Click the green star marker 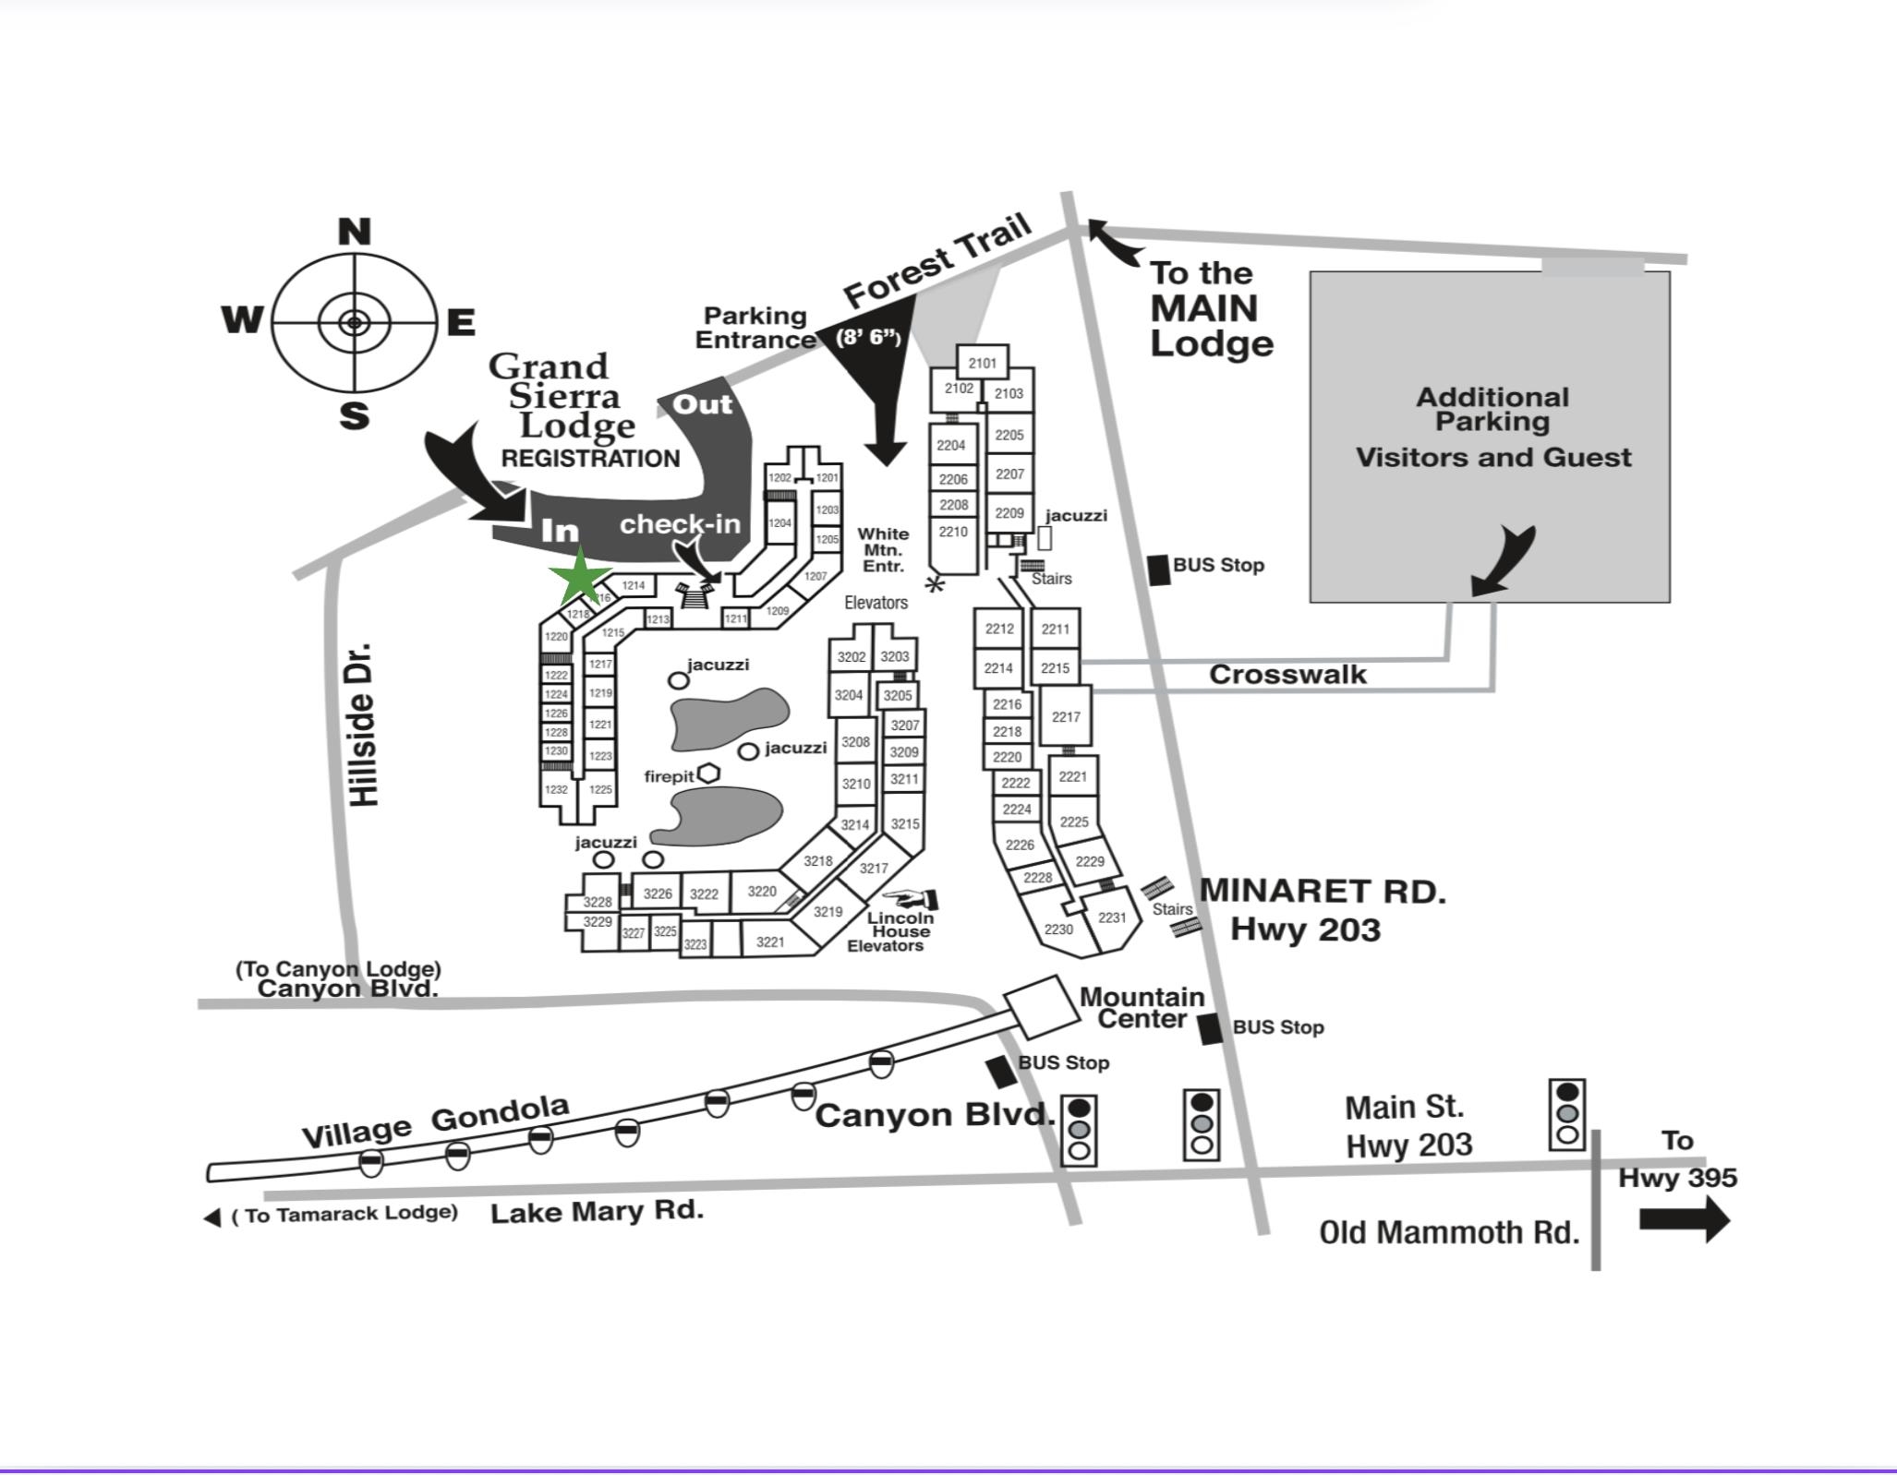[x=580, y=577]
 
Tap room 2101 [x=982, y=363]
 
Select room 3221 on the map [x=770, y=941]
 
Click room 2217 [x=1066, y=716]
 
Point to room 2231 [x=1112, y=917]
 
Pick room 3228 [x=598, y=902]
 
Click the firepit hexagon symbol [x=708, y=773]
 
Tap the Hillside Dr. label [x=365, y=725]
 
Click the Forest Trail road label [x=937, y=261]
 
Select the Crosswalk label [x=1287, y=675]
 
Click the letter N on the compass [x=354, y=232]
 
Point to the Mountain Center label [x=1142, y=1008]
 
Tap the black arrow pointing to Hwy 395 [x=1684, y=1219]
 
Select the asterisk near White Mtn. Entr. [x=936, y=584]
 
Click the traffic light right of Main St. [x=1566, y=1115]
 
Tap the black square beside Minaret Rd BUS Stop [x=1158, y=570]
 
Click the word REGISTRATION [x=590, y=459]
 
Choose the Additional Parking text [x=1492, y=409]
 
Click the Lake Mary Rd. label [x=597, y=1211]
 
